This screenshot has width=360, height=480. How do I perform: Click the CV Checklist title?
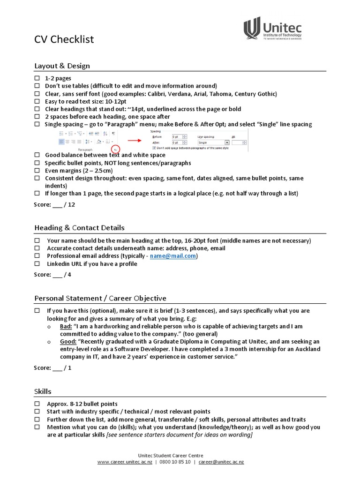(64, 39)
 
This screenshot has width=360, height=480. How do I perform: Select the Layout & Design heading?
(62, 66)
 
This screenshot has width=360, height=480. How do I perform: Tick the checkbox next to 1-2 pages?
(37, 79)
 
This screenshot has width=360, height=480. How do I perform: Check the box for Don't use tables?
(37, 86)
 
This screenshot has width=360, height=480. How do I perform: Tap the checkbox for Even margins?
(37, 171)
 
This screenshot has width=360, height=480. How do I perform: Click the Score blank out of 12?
(57, 204)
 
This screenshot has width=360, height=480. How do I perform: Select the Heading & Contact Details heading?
(79, 228)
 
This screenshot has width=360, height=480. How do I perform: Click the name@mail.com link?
(173, 256)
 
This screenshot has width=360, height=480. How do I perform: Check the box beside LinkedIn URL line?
(37, 264)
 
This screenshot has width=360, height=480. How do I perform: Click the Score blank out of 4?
(57, 275)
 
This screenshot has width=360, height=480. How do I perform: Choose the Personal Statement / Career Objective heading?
(100, 298)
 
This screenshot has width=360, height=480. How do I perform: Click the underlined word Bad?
(66, 326)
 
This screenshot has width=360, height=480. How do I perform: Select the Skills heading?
(43, 391)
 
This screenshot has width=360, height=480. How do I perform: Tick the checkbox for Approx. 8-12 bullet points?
(37, 404)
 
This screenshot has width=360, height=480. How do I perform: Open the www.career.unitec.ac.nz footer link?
(125, 462)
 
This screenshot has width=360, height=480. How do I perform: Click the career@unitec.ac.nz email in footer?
(221, 462)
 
